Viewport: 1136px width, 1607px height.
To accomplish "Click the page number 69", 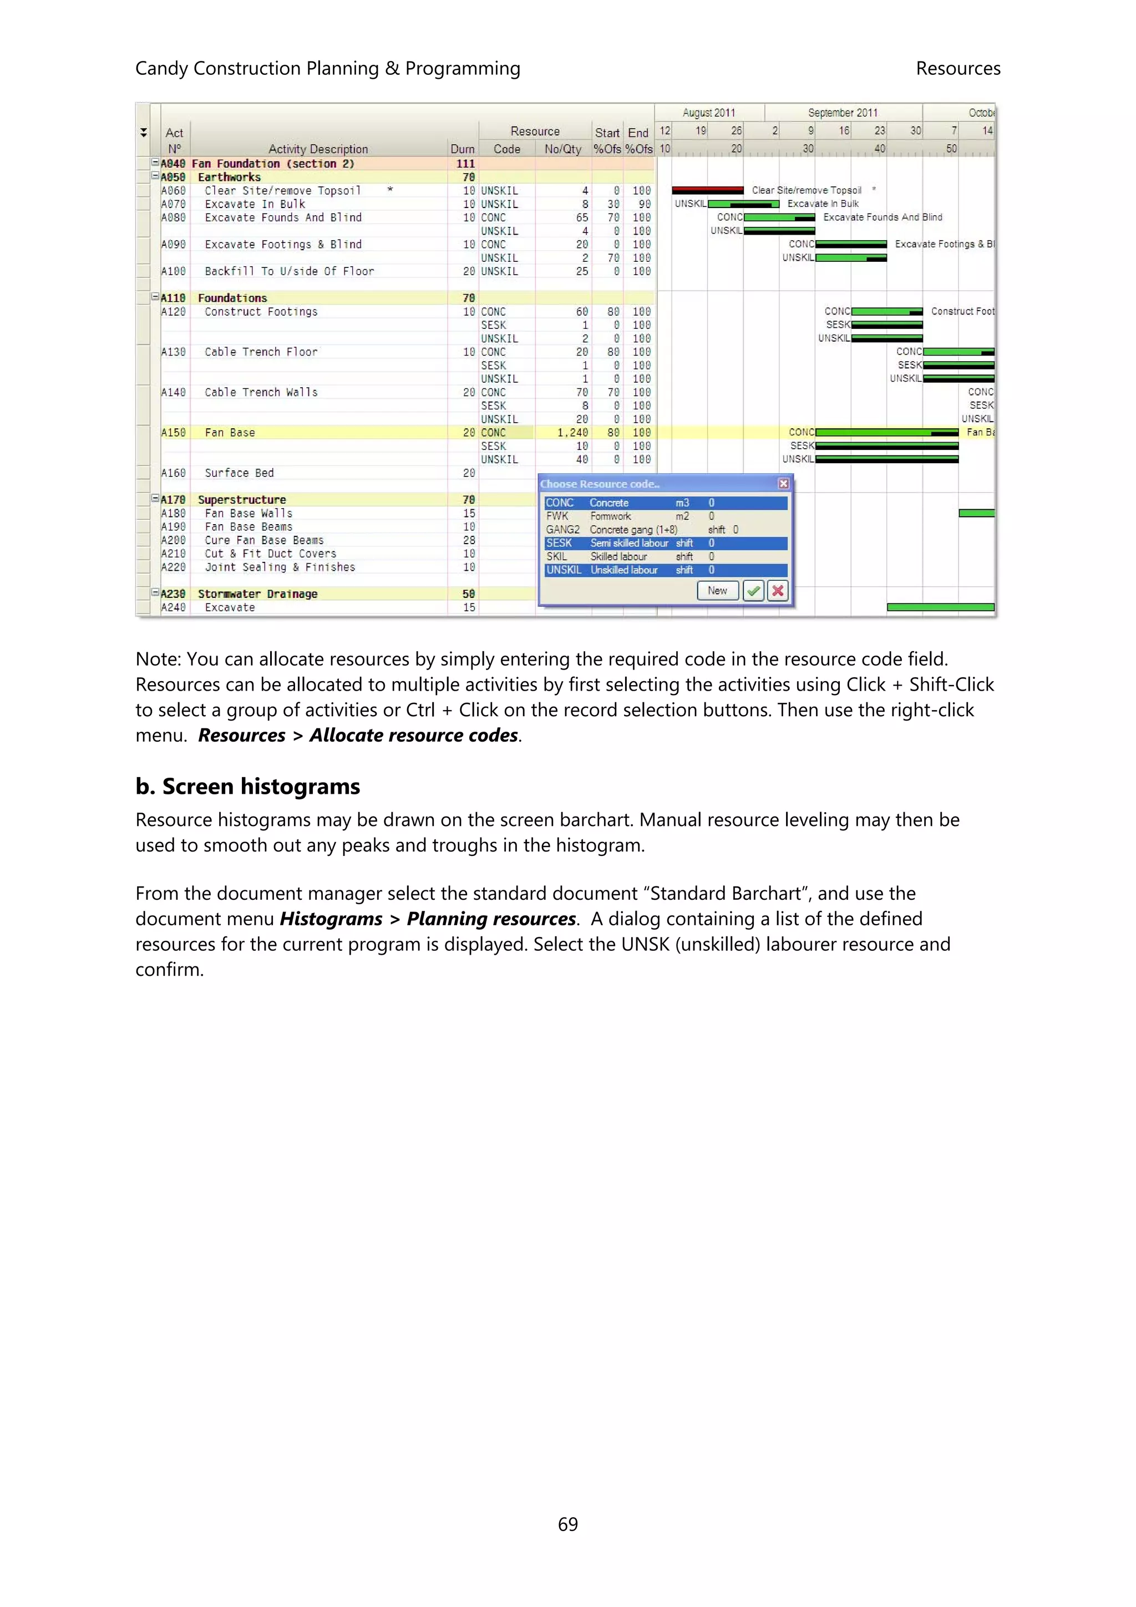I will pos(567,1524).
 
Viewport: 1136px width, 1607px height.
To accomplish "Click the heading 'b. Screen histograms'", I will pos(248,787).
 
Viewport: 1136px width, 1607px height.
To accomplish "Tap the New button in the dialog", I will pos(717,591).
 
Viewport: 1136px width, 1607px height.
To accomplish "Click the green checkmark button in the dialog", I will pos(753,591).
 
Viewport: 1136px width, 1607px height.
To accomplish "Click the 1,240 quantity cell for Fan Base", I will pos(572,433).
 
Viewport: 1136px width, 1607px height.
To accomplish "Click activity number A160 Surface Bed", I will pos(174,473).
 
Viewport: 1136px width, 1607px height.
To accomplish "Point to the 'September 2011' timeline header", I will pos(842,113).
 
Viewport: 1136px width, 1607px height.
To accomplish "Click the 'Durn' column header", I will pos(462,149).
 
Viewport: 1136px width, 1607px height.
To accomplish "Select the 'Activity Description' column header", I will pos(318,149).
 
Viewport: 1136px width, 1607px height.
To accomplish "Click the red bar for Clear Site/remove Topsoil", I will pos(707,190).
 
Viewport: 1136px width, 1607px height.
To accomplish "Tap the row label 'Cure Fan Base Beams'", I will pos(264,540).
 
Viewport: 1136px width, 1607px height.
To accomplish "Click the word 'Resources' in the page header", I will pos(957,69).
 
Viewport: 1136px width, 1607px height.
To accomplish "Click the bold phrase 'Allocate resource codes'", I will pos(414,736).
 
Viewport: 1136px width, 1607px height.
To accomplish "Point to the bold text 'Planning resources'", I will pos(491,919).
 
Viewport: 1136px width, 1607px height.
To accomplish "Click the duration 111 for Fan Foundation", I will pos(465,164).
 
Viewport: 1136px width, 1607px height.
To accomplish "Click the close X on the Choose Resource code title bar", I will pos(783,484).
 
